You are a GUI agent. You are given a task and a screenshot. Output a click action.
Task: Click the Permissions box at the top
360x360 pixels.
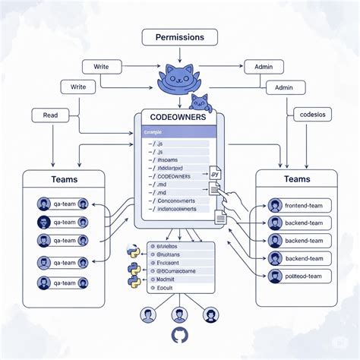179,37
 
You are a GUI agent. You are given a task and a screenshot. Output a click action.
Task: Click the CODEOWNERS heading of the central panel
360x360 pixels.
179,118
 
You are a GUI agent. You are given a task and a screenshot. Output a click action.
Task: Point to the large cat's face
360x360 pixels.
179,77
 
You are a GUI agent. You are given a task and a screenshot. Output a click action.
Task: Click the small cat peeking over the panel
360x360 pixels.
200,101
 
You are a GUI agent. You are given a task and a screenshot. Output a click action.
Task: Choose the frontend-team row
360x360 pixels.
303,206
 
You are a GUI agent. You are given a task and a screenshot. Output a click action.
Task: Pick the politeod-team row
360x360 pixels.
303,276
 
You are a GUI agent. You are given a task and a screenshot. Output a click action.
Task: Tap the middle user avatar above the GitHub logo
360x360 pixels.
179,314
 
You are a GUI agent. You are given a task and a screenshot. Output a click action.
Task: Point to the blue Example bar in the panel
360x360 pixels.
176,132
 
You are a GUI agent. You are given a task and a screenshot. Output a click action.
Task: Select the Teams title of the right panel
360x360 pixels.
295,180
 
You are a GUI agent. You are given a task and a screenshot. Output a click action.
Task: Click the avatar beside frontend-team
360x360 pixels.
275,206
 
